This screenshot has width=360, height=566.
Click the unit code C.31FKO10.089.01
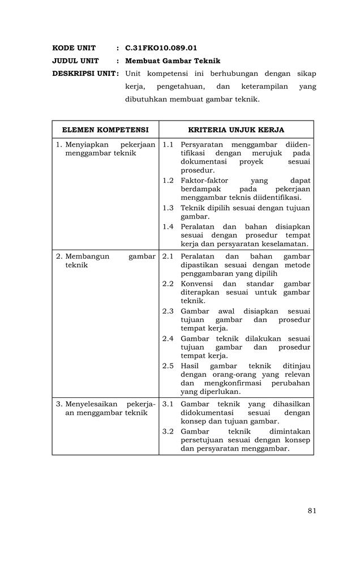(161, 48)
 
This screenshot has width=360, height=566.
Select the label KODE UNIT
(74, 48)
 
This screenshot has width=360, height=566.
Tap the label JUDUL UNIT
(75, 61)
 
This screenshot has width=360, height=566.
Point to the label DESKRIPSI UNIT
(85, 74)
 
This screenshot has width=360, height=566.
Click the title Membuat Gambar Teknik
(173, 61)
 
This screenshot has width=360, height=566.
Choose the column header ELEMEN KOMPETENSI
(105, 130)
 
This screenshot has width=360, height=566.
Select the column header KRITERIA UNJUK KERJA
(236, 130)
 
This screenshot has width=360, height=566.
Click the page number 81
(312, 511)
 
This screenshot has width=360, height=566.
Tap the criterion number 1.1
(168, 145)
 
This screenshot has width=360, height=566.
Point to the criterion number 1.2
(168, 181)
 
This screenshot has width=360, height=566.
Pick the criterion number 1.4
(168, 226)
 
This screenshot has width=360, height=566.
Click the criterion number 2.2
(168, 284)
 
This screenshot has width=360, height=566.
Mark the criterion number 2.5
(168, 366)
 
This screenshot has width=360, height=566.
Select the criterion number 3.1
(168, 404)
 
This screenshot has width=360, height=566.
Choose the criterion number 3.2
(168, 431)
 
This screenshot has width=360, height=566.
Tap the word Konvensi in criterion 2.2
(196, 284)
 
